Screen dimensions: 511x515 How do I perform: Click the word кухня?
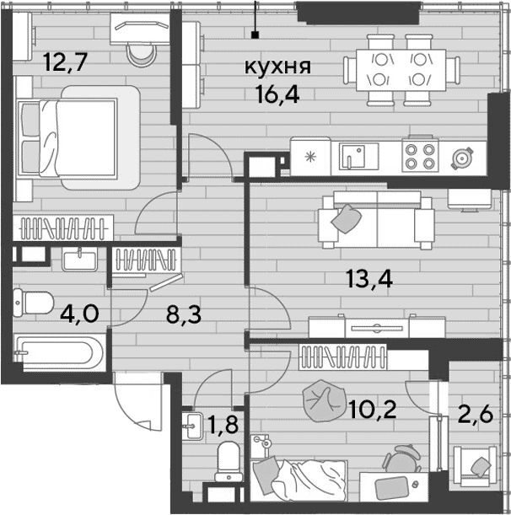[x=277, y=67]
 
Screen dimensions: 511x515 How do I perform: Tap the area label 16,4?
[x=278, y=95]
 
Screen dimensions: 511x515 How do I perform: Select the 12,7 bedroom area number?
[x=66, y=62]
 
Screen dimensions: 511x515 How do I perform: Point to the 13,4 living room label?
[x=370, y=280]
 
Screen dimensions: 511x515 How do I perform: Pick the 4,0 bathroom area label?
[x=79, y=314]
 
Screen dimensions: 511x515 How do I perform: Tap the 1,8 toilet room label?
[x=223, y=425]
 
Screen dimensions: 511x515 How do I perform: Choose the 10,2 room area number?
[x=373, y=410]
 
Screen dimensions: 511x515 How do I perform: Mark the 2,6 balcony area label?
[x=476, y=414]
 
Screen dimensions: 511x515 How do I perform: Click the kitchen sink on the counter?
[x=354, y=156]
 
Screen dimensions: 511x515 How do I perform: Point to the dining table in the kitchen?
[x=401, y=70]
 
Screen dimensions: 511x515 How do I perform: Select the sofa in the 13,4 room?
[x=377, y=220]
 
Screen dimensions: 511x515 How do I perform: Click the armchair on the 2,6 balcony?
[x=476, y=465]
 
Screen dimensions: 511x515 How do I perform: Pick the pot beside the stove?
[x=462, y=158]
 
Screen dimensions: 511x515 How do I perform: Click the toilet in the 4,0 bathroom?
[x=33, y=303]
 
